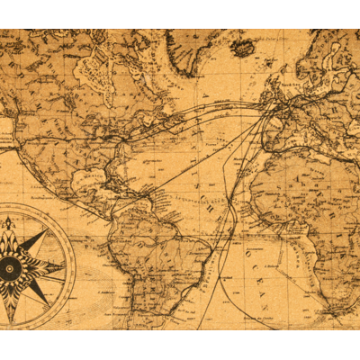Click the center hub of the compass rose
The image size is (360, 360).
pos(10,266)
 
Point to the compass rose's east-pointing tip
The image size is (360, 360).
pos(65,266)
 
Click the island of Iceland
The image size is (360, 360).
pos(242,47)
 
